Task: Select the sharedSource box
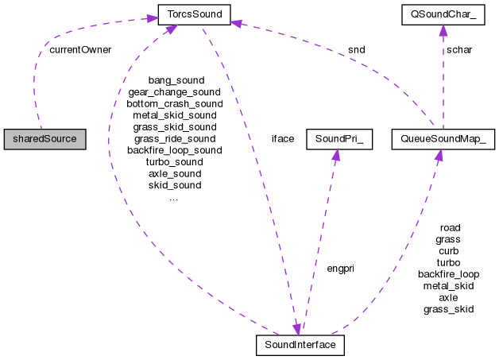[x=44, y=138]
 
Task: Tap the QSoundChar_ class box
[x=443, y=14]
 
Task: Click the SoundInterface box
[x=300, y=345]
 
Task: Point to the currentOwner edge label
[x=79, y=49]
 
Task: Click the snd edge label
[x=356, y=49]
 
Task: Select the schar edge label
[x=459, y=49]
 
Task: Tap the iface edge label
[x=283, y=138]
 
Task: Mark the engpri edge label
[x=340, y=269]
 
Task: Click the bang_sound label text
[x=176, y=80]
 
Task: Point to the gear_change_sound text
[x=175, y=92]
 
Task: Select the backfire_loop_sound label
[x=175, y=149]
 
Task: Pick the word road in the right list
[x=449, y=227]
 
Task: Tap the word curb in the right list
[x=449, y=250]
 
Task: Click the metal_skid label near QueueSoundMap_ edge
[x=449, y=285]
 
